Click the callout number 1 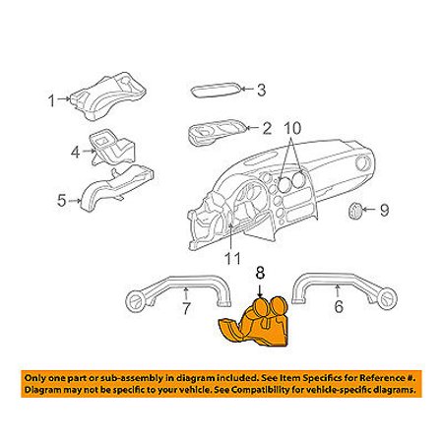point(51,100)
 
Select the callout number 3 point(261,90)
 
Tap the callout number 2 point(267,128)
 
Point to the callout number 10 point(292,128)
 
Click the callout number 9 point(384,210)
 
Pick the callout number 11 point(232,258)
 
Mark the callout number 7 point(186,308)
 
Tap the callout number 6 point(339,307)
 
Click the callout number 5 point(62,200)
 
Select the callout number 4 point(75,152)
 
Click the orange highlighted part point(255,323)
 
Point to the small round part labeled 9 point(354,212)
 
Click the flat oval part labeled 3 point(217,91)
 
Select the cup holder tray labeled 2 point(217,131)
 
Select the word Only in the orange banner point(35,378)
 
